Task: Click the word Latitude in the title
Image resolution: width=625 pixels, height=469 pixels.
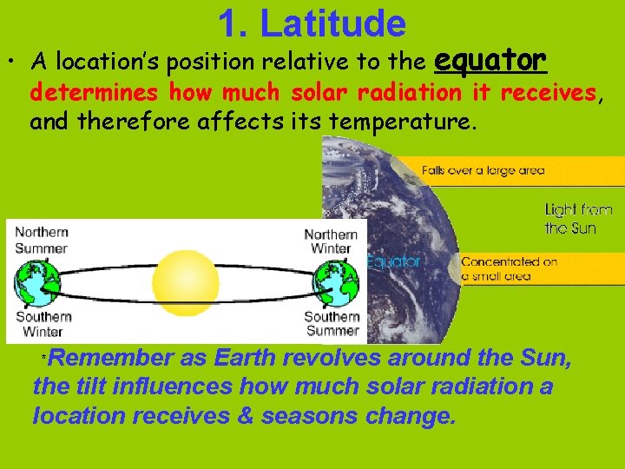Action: click(332, 23)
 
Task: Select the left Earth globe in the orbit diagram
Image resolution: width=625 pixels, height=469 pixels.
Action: click(37, 281)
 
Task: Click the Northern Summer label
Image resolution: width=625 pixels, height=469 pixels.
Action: click(42, 240)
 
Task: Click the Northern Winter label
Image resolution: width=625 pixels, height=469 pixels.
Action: click(331, 241)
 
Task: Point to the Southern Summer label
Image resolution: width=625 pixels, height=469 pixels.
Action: click(332, 324)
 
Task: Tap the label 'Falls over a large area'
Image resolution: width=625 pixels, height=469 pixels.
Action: click(483, 170)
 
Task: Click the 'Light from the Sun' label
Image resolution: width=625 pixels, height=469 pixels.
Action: click(578, 218)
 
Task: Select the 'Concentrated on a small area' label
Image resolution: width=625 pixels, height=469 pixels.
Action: click(509, 268)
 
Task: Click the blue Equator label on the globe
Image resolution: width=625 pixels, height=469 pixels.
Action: click(392, 261)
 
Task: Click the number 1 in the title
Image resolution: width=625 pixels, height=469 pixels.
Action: click(229, 23)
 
